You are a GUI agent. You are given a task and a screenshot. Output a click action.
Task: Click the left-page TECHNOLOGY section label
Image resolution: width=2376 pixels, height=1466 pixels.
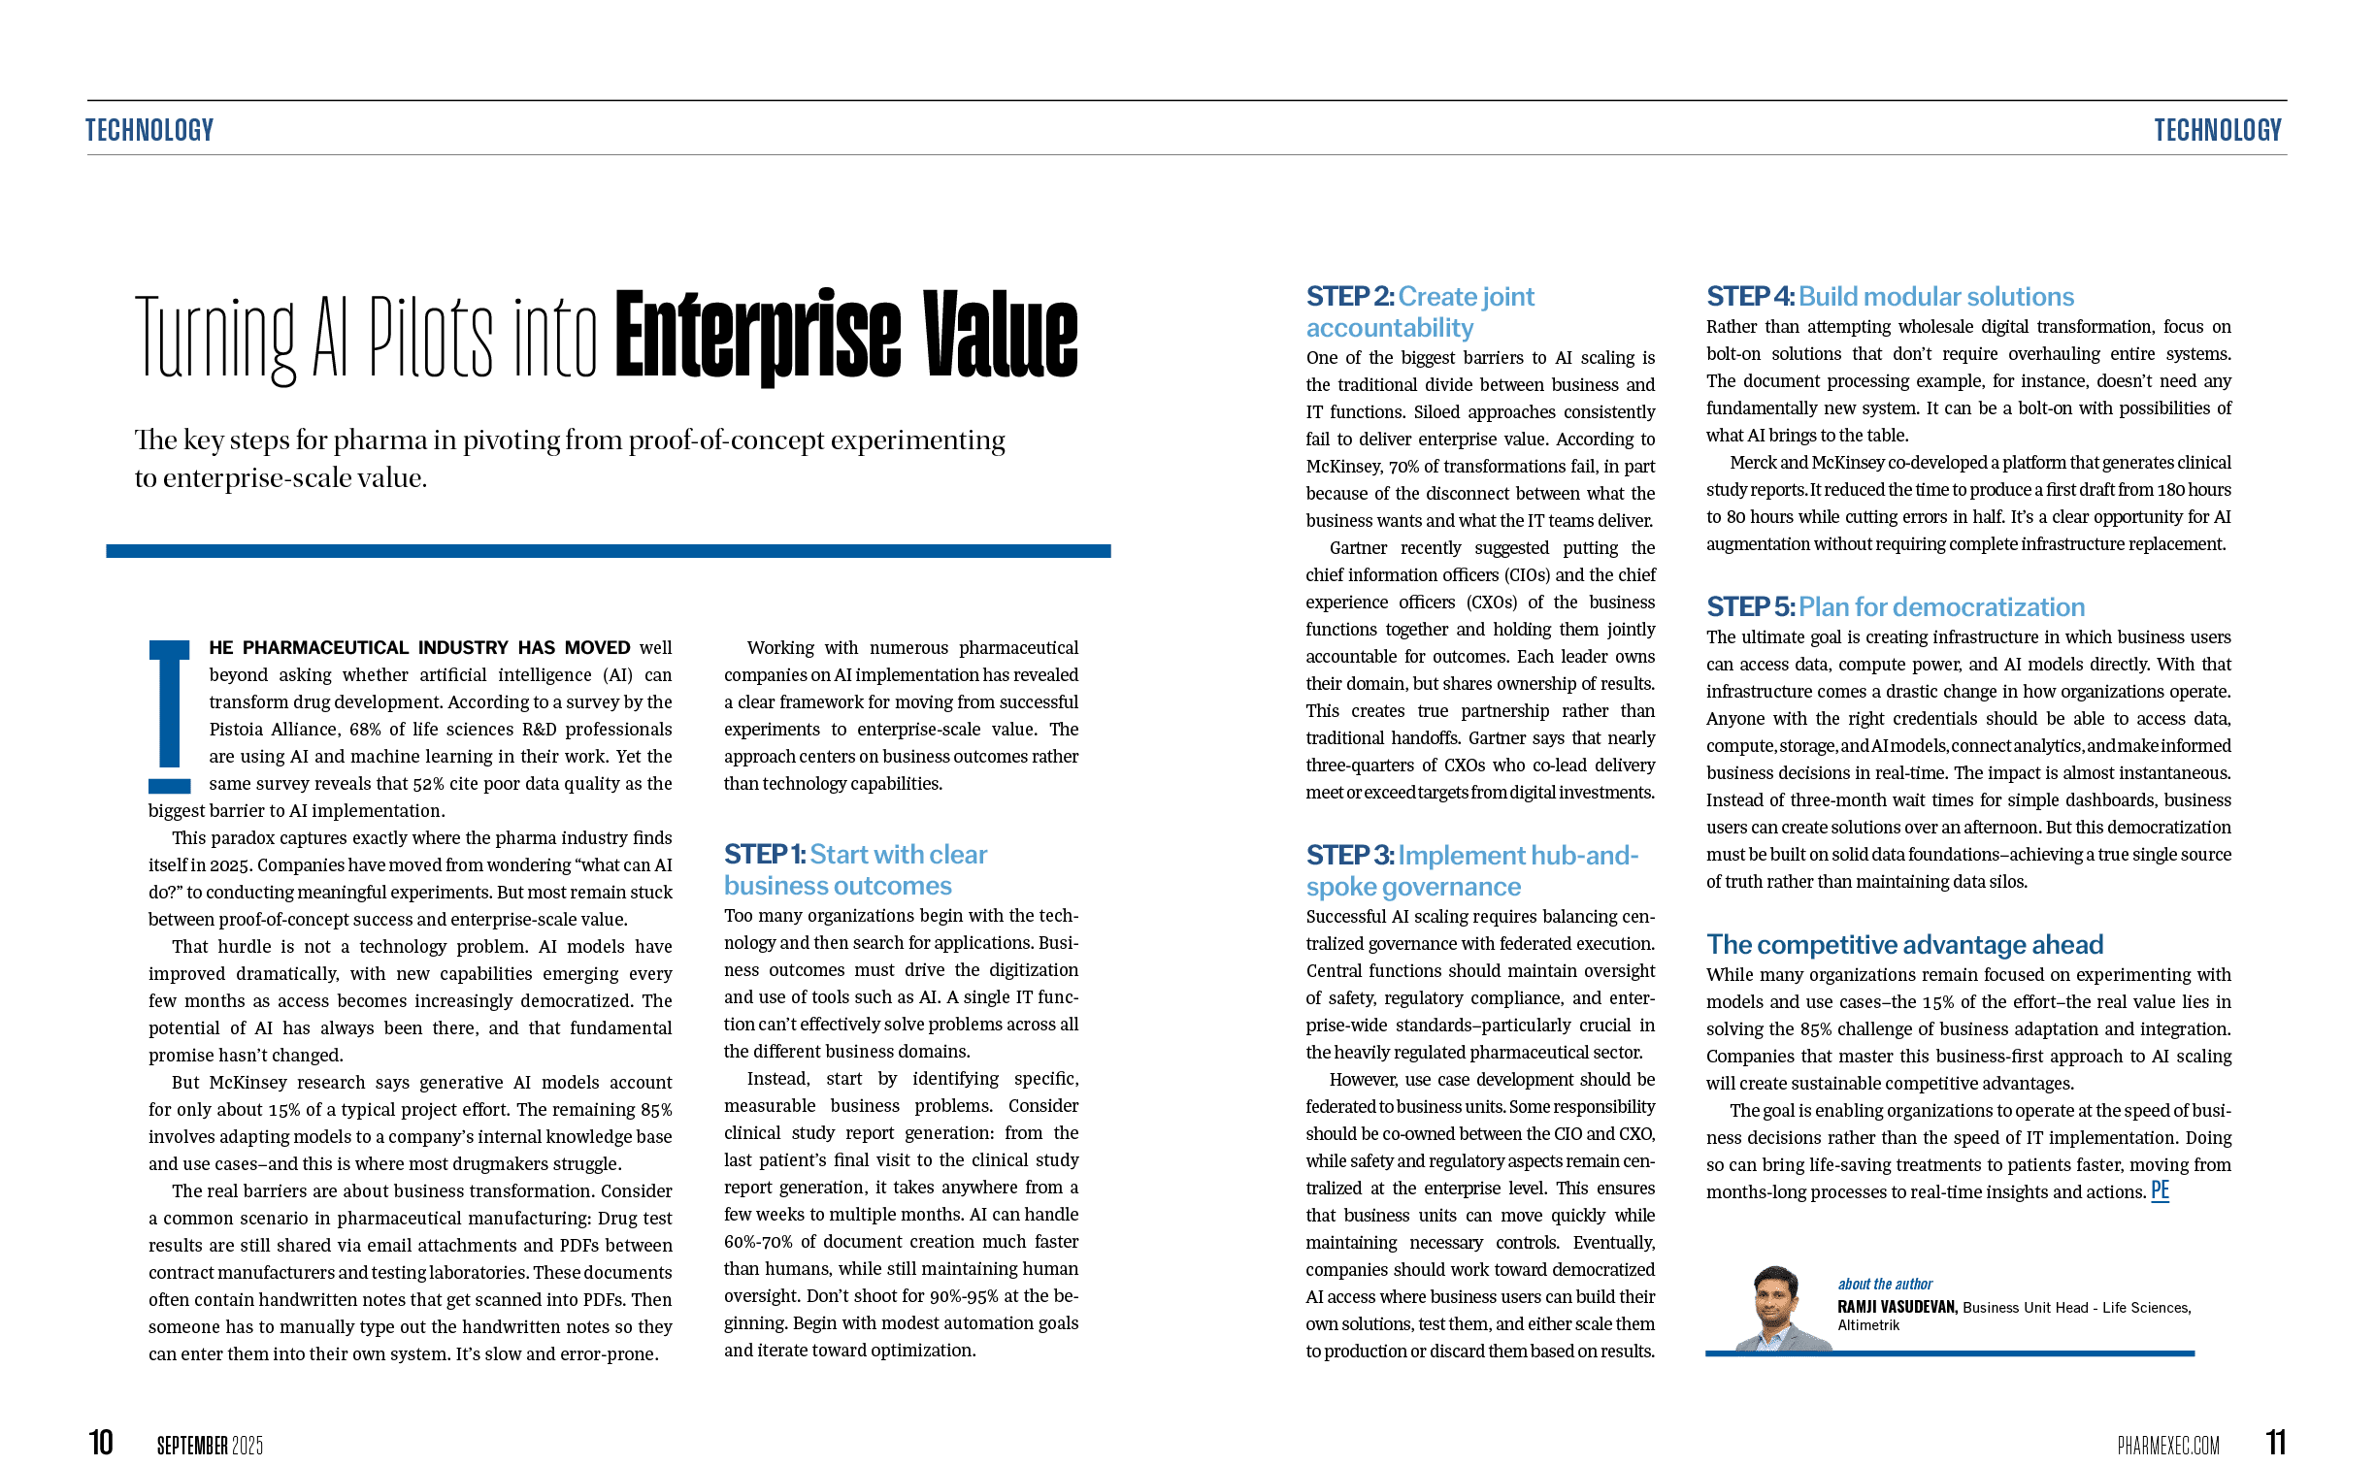pos(149,129)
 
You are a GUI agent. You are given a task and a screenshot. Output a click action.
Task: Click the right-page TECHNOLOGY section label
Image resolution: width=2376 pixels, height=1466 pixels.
pos(2217,129)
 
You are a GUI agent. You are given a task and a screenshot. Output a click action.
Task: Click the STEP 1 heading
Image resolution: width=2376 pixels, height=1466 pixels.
pos(854,869)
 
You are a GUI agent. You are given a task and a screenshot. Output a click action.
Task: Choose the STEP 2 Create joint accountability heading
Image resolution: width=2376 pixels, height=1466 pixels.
pos(1419,311)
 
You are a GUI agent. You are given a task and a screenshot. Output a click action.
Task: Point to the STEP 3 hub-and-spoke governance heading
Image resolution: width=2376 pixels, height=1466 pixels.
pos(1470,870)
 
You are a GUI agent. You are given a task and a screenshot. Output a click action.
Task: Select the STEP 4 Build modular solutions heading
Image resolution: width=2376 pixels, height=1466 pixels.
pos(1890,296)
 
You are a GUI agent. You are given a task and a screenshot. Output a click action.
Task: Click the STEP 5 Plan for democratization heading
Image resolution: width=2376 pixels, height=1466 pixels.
pos(1895,606)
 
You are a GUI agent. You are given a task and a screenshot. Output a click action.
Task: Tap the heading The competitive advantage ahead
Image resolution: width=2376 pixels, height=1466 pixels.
pos(1904,944)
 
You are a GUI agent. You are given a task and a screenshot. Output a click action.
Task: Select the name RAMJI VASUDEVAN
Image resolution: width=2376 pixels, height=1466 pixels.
pos(1897,1307)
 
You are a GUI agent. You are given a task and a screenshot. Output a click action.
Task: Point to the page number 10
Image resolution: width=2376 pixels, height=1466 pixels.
pos(101,1443)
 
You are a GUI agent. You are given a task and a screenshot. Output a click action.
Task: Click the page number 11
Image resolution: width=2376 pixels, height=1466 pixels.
pos(2276,1443)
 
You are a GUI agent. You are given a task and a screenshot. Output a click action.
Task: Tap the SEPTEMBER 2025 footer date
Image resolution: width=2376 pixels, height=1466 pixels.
pos(210,1446)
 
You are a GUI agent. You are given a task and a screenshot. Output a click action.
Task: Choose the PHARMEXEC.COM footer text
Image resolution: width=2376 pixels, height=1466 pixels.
pos(2167,1446)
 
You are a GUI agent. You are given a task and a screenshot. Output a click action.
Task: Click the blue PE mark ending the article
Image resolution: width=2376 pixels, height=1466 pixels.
pos(2160,1190)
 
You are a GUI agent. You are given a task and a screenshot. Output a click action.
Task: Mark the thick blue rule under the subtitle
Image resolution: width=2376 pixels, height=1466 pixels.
pos(608,551)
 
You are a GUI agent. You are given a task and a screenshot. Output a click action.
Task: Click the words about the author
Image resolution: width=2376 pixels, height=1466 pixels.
pos(1884,1284)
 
